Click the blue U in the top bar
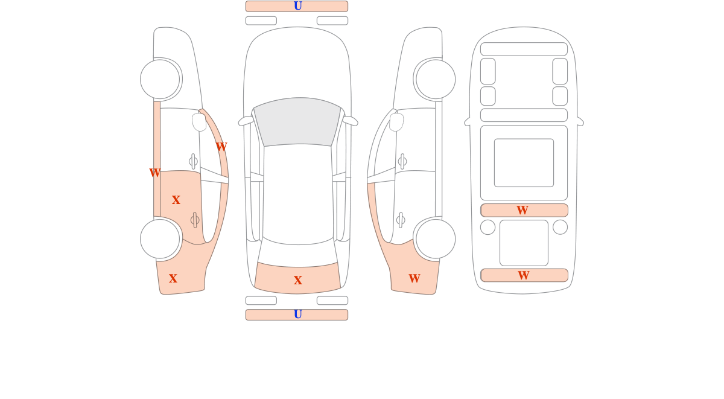[x=297, y=6]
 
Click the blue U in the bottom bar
[x=297, y=314]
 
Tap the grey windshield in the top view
[x=297, y=122]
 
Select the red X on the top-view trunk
[x=297, y=280]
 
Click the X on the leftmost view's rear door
[x=176, y=200]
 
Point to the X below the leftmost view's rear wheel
[x=173, y=278]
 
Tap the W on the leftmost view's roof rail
[x=221, y=147]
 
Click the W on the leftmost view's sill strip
[x=155, y=173]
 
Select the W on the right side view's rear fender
[x=414, y=278]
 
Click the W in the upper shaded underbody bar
[x=522, y=210]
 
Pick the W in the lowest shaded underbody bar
[x=524, y=275]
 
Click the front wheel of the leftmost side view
[x=160, y=79]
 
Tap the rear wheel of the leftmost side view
[x=160, y=239]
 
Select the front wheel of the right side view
[x=436, y=79]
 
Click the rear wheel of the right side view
[x=436, y=239]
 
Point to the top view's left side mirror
[x=246, y=121]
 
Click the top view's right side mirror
[x=350, y=121]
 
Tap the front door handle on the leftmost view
[x=193, y=161]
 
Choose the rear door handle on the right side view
[x=401, y=220]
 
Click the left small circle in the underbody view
[x=487, y=228]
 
